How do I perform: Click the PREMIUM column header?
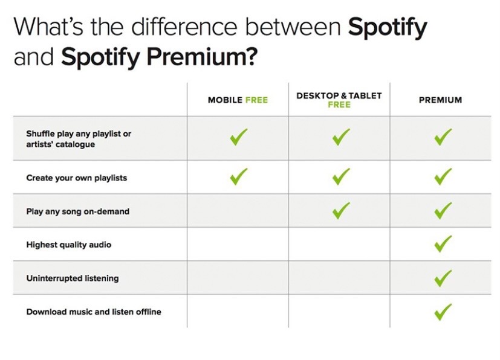coord(440,100)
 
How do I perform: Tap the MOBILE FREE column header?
coord(238,100)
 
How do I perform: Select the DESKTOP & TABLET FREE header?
coord(339,100)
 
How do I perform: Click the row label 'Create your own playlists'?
coord(77,178)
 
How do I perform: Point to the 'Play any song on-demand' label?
coord(78,211)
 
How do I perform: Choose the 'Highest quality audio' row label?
coord(69,245)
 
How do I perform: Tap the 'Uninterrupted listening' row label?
coord(73,278)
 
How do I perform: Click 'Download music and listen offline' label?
coord(94,312)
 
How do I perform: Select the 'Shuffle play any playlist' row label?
coord(79,139)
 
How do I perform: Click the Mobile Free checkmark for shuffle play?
coord(239,137)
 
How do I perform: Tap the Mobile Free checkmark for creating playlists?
coord(239,176)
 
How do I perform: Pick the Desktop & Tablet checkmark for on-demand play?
coord(341,211)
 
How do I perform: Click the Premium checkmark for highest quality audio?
coord(443,243)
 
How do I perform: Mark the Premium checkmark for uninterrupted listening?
coord(443,278)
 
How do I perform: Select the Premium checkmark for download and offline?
coord(443,312)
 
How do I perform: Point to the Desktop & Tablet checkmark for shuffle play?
coord(341,137)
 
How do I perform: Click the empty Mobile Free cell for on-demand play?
coord(238,211)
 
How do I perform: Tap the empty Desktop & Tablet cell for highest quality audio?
coord(339,244)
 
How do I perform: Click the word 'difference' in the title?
coord(184,27)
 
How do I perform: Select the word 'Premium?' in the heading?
coord(202,57)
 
